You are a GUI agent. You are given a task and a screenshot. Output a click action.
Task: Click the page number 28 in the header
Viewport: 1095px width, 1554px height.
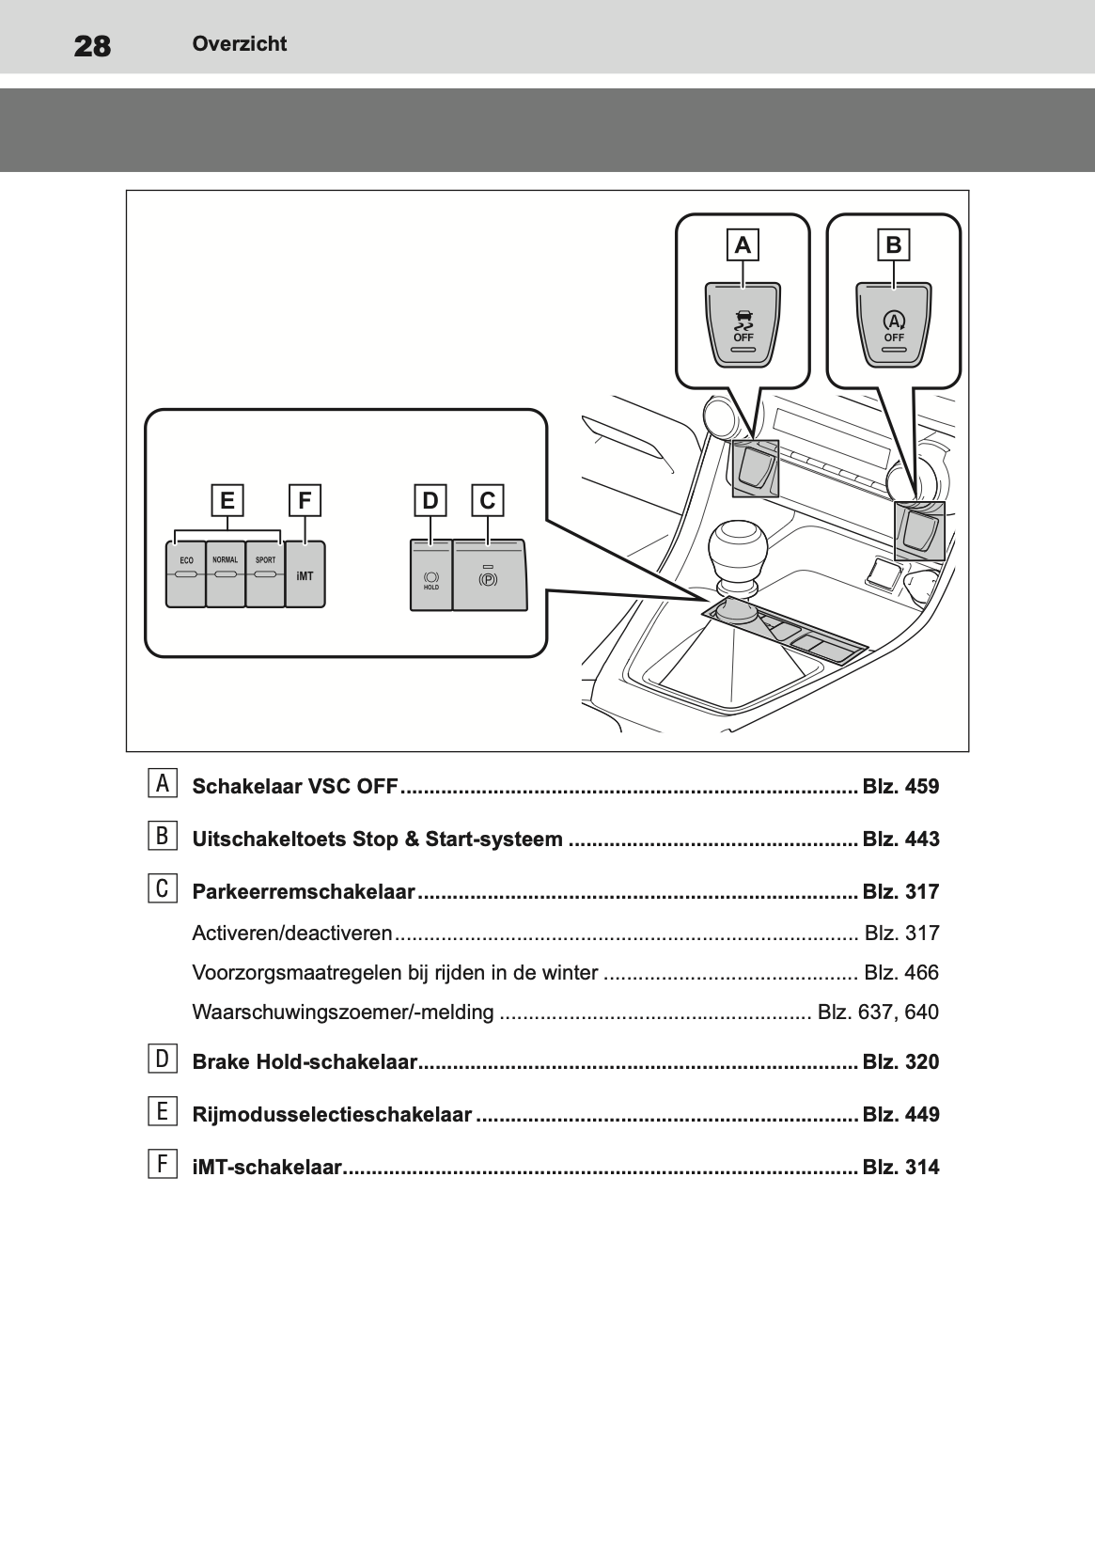point(92,45)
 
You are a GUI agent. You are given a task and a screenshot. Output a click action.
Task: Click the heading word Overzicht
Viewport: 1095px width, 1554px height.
point(239,43)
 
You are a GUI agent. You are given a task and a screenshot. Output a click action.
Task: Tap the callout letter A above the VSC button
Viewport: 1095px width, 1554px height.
point(743,245)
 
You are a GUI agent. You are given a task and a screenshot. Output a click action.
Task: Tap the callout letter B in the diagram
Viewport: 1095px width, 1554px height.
point(893,245)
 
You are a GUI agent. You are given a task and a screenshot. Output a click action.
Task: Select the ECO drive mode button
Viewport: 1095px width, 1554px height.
point(186,573)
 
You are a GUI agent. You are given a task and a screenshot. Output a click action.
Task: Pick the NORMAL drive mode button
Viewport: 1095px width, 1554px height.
point(226,573)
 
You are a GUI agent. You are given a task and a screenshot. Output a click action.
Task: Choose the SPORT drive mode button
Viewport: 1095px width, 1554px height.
point(265,573)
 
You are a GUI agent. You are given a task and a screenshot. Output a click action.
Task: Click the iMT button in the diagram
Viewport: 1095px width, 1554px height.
point(305,574)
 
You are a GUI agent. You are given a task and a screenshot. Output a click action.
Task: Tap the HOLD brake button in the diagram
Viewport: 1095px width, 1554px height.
point(431,576)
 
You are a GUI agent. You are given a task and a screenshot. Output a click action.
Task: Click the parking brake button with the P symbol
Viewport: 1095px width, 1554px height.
point(489,576)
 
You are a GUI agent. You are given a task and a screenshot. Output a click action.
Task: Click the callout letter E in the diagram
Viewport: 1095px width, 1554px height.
point(227,500)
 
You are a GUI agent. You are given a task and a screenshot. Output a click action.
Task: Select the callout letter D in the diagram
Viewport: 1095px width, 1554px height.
point(430,500)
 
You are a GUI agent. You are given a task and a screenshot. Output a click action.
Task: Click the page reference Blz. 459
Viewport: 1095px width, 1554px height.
point(900,787)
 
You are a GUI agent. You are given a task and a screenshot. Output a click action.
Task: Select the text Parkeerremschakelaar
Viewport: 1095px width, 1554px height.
point(303,891)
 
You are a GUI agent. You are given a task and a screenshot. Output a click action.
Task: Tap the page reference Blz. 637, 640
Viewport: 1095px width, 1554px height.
point(878,1012)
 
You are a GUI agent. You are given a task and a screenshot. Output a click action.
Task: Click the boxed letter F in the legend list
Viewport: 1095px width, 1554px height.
point(162,1165)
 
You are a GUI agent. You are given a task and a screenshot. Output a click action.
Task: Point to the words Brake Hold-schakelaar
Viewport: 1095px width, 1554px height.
point(304,1062)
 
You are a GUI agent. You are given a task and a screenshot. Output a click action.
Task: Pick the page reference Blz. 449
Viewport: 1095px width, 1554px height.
point(900,1115)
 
